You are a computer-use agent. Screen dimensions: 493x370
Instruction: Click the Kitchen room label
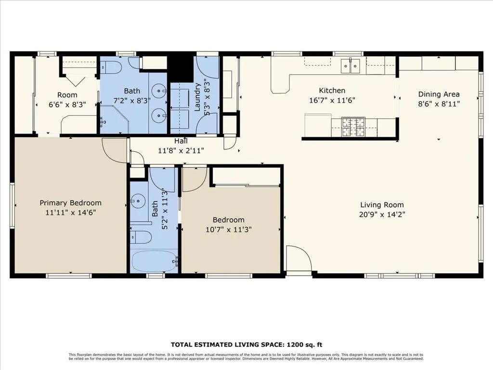point(332,91)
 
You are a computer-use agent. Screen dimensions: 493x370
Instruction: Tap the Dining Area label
point(439,94)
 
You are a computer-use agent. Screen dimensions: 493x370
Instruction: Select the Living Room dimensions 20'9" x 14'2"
point(382,214)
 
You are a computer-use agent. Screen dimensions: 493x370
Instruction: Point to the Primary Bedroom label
point(70,203)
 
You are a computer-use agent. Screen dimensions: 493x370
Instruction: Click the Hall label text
point(181,141)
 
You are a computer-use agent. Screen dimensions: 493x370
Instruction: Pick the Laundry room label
point(197,97)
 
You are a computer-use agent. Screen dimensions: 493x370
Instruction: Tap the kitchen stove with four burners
point(353,127)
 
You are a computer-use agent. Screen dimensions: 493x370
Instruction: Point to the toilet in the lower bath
point(141,237)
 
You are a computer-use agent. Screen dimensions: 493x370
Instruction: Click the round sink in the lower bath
point(138,200)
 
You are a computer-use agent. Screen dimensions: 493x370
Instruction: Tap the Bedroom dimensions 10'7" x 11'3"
point(229,230)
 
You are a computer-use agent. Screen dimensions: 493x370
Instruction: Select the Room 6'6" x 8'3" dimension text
point(67,105)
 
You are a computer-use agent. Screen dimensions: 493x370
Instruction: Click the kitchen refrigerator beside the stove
point(318,126)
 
